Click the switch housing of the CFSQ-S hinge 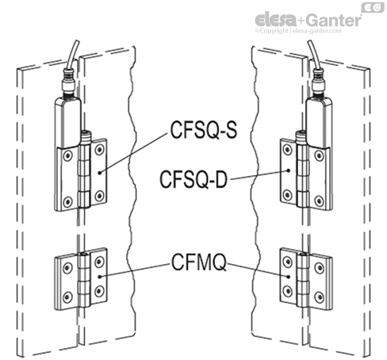(67, 115)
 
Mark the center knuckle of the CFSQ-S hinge (84, 170)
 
